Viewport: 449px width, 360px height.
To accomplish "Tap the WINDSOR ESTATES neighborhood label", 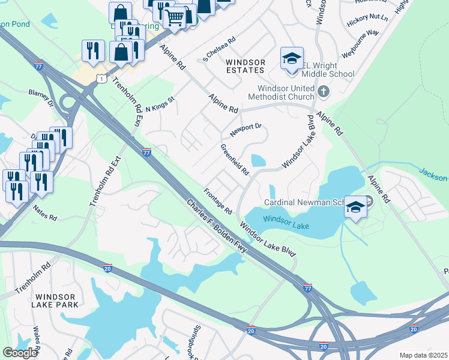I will (x=244, y=66).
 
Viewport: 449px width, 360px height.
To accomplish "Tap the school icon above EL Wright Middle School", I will (x=292, y=59).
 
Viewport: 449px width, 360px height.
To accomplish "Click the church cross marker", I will (x=324, y=92).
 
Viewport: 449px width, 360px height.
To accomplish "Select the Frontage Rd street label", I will (x=218, y=202).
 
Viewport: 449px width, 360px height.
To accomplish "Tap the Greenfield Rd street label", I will (x=235, y=160).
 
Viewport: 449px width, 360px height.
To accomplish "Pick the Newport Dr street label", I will (x=246, y=129).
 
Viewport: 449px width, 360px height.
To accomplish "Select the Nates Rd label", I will (x=45, y=212).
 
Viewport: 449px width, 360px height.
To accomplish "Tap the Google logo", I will (x=20, y=353).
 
